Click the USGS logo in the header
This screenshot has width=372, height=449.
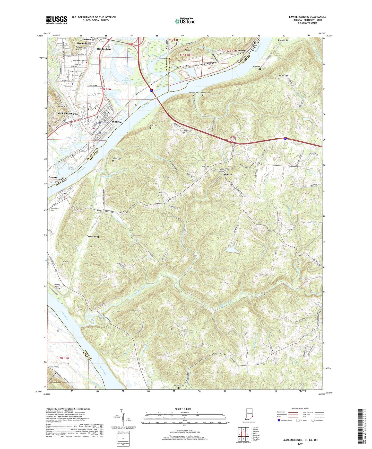[x=57, y=20]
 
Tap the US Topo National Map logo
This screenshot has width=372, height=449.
[x=185, y=21]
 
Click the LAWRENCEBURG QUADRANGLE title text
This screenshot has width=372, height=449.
[x=307, y=17]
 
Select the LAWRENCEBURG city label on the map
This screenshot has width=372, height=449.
[x=67, y=113]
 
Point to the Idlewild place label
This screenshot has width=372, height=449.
[x=228, y=174]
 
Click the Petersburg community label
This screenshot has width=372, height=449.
[x=92, y=236]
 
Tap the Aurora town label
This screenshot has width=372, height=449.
[x=53, y=177]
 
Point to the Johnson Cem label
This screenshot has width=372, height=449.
[x=228, y=283]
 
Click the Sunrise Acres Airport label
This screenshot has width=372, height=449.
[x=57, y=287]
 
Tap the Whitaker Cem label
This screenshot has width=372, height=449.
[x=283, y=76]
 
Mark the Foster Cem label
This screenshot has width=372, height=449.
[x=135, y=235]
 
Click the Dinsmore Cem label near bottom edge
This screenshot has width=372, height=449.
[x=179, y=385]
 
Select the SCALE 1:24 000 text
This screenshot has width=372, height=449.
[x=184, y=409]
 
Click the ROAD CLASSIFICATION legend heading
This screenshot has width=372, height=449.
[x=300, y=409]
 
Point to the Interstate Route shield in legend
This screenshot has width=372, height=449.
[x=279, y=420]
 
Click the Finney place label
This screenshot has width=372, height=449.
[x=241, y=50]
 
